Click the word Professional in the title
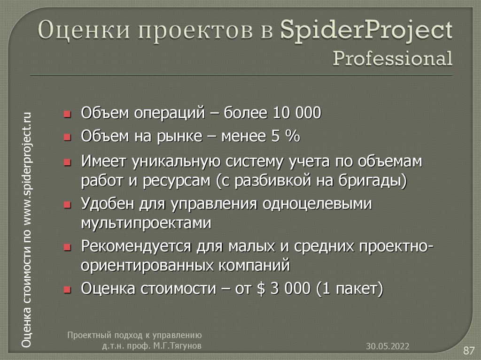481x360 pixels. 393,59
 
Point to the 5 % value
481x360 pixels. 285,137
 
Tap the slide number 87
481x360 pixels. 468,350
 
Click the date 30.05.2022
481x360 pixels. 388,346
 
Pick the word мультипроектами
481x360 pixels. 146,223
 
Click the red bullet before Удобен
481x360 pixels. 67,205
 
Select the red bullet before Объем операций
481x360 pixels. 67,114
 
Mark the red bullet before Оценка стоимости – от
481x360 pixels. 67,289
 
